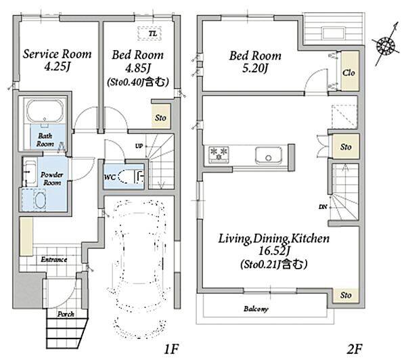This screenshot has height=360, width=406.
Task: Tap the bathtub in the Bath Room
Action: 45,111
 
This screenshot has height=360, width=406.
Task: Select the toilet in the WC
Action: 131,177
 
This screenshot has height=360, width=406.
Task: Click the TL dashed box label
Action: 153,34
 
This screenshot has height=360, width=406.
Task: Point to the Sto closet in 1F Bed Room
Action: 161,116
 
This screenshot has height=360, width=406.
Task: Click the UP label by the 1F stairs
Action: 139,146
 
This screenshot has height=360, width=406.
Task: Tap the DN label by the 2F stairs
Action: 323,207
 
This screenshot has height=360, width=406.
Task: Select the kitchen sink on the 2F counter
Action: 269,155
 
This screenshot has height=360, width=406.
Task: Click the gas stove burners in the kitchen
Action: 219,154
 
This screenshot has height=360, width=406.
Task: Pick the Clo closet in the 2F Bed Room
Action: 350,71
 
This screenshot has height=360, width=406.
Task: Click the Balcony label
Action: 256,309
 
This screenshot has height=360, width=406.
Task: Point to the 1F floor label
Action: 171,348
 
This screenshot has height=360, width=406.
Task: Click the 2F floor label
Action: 354,348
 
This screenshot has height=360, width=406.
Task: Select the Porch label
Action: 66,314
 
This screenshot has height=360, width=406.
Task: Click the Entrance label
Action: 54,259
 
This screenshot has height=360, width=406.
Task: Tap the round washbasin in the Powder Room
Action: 40,200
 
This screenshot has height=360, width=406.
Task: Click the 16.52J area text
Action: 274,250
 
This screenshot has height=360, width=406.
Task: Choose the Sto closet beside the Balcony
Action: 346,295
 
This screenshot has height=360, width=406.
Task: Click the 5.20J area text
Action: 255,68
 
